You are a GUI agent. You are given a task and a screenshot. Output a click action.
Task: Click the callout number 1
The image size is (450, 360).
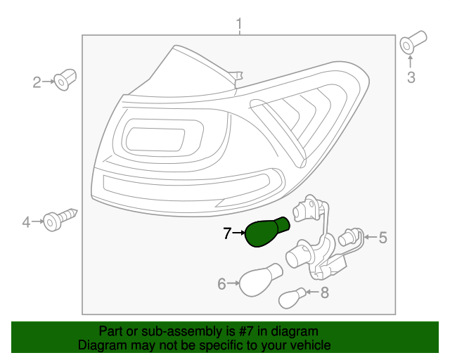point(238,25)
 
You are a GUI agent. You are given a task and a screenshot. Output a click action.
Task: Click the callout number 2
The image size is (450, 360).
point(37,83)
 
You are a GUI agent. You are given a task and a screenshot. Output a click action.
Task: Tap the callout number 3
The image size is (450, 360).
point(411,77)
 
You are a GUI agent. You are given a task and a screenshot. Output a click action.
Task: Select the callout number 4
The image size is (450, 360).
point(27,223)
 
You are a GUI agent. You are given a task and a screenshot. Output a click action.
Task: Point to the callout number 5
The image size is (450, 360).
point(383,238)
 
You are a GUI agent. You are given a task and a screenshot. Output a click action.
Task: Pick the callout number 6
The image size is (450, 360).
point(221,284)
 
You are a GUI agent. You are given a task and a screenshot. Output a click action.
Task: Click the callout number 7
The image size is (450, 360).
point(227,233)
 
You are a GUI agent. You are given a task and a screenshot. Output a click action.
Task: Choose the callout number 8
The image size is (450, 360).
point(324,293)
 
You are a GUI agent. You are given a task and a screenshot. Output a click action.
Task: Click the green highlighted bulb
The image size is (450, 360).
point(266,232)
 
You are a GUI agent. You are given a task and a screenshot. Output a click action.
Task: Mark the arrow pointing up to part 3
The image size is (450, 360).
point(411,62)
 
